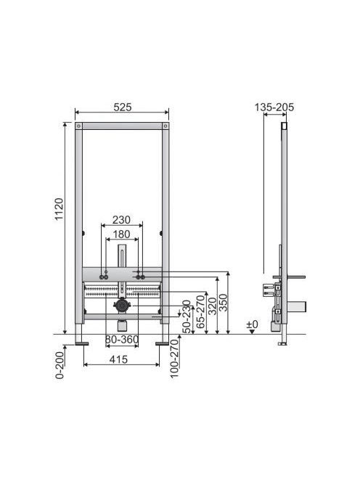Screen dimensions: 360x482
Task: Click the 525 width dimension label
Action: (x=123, y=107)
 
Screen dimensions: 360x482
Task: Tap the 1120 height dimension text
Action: (x=59, y=209)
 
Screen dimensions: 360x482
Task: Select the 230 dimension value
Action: (x=121, y=220)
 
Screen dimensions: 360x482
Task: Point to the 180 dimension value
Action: (x=121, y=234)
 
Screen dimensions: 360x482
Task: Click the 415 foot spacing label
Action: (x=118, y=359)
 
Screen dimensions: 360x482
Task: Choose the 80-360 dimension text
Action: (x=122, y=340)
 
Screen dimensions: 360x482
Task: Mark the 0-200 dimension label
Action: (x=60, y=365)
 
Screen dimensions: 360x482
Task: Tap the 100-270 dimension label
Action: (x=174, y=359)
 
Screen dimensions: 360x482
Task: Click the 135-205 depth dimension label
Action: (x=274, y=107)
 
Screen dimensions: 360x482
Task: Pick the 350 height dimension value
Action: (x=223, y=303)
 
